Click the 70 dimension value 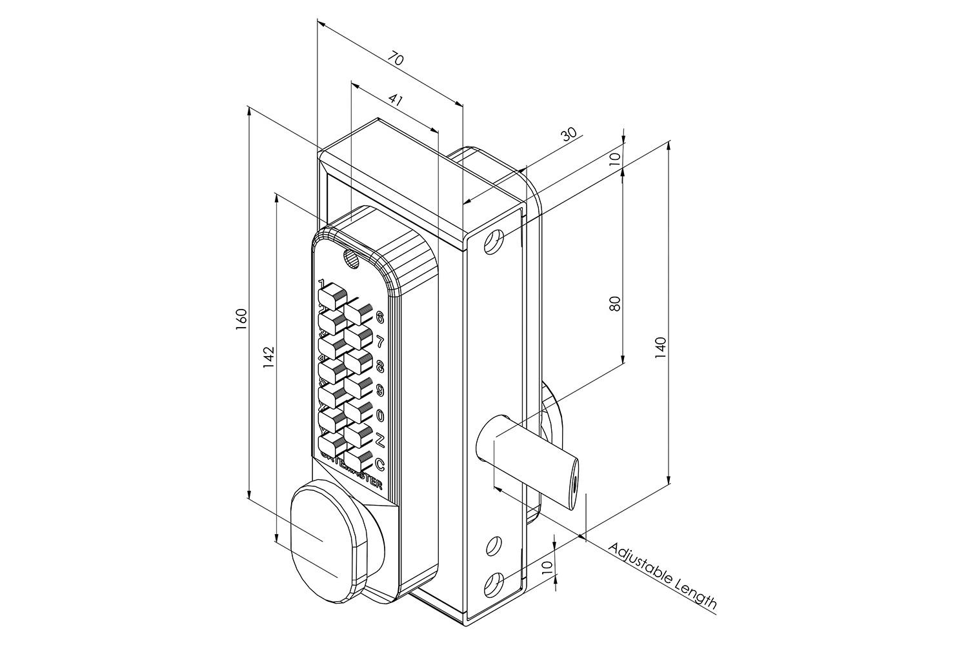(396, 60)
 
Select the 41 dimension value (396, 100)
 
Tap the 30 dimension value (569, 134)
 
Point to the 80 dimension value (615, 303)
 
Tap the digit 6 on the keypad (379, 317)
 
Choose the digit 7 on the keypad (379, 342)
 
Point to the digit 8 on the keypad (379, 366)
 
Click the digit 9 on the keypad (379, 390)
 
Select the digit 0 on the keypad (379, 415)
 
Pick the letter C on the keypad (379, 464)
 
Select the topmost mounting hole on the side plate (494, 241)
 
